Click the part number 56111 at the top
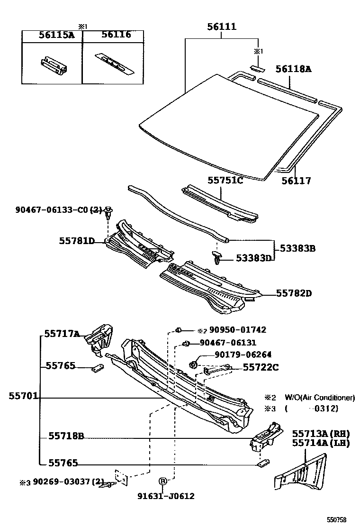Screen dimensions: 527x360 (222, 27)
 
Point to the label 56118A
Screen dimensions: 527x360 (294, 69)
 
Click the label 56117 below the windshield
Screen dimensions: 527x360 (296, 181)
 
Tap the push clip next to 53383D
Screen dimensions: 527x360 (217, 258)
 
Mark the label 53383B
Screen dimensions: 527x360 (297, 248)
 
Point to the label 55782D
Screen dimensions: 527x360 (294, 293)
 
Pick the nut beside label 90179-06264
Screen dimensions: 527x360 (193, 364)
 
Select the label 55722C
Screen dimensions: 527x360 (261, 367)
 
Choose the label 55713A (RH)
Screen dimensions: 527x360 (320, 434)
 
